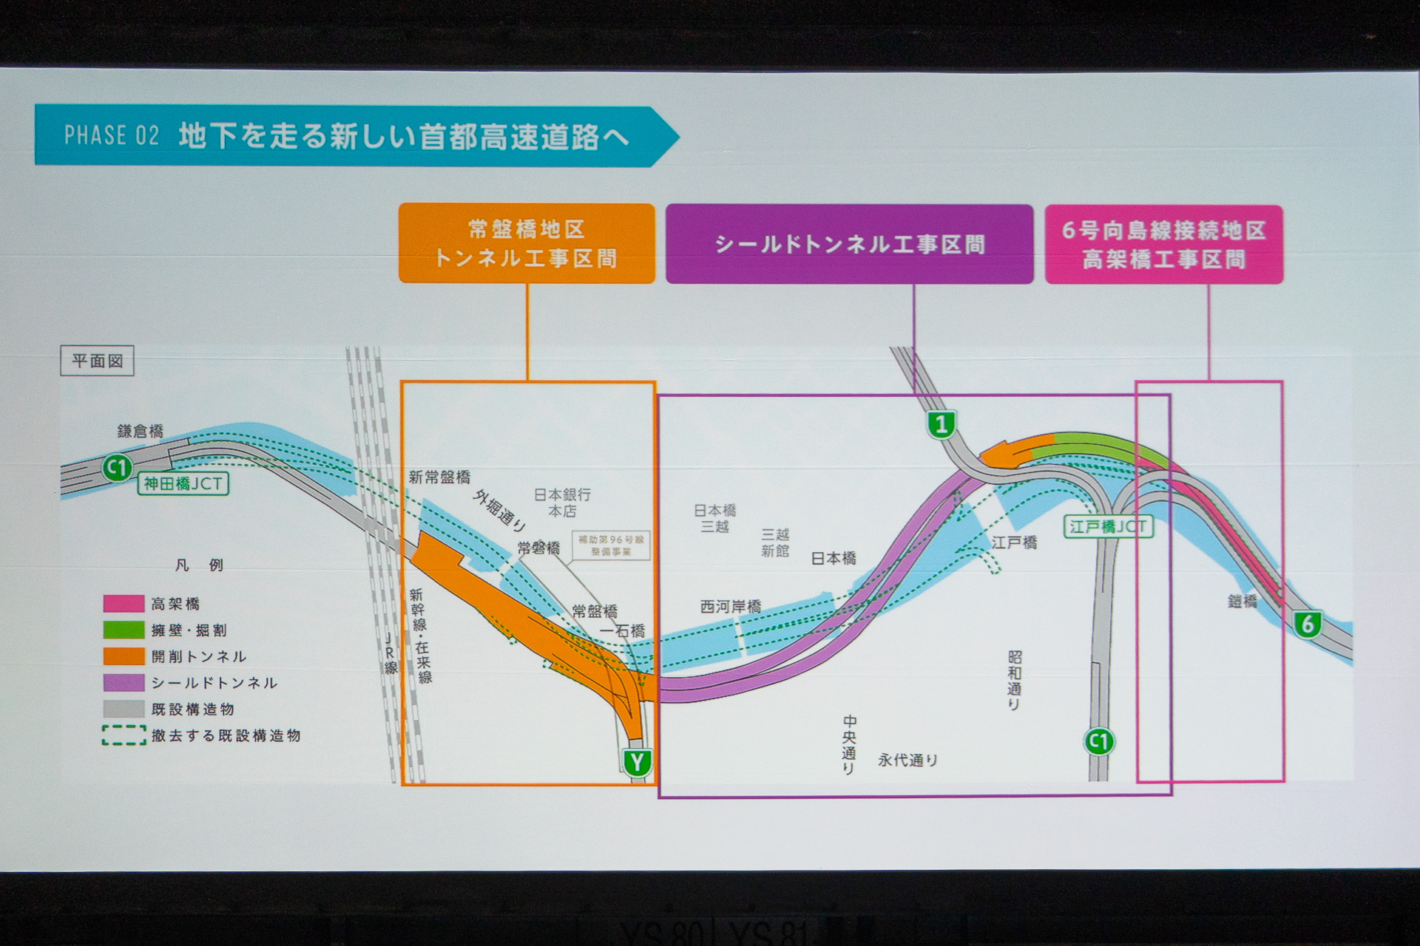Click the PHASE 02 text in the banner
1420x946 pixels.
pyautogui.click(x=111, y=136)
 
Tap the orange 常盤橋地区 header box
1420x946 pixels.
pyautogui.click(x=527, y=243)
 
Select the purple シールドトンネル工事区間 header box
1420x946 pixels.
pyautogui.click(x=849, y=244)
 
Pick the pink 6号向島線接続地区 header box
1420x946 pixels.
pyautogui.click(x=1163, y=244)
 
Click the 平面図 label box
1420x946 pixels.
pyautogui.click(x=97, y=361)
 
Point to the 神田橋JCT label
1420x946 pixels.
pyautogui.click(x=183, y=484)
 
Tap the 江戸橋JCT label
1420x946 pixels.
pyautogui.click(x=1108, y=526)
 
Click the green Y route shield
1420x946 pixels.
pyautogui.click(x=637, y=762)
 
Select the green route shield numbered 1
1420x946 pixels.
pyautogui.click(x=941, y=424)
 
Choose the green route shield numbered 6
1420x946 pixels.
pyautogui.click(x=1307, y=625)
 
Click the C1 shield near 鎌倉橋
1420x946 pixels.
pyautogui.click(x=117, y=467)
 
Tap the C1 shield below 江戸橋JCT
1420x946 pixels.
pyautogui.click(x=1099, y=741)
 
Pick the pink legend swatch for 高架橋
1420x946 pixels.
pyautogui.click(x=124, y=604)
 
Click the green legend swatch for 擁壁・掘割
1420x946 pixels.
pyautogui.click(x=124, y=630)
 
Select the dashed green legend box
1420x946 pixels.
pyautogui.click(x=124, y=735)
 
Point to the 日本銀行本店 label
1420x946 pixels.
pyautogui.click(x=562, y=503)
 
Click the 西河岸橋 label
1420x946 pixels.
pyautogui.click(x=730, y=607)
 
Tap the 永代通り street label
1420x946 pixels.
pyautogui.click(x=907, y=760)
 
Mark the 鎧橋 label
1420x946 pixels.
pyautogui.click(x=1242, y=602)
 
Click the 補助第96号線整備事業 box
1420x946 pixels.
pyautogui.click(x=611, y=545)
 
